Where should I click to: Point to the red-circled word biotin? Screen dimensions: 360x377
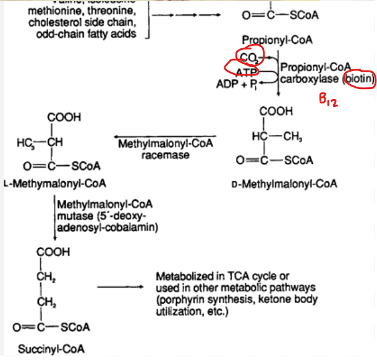[x=359, y=79]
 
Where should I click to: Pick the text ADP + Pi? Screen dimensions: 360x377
[x=238, y=84]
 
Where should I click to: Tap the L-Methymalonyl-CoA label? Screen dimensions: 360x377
[x=54, y=184]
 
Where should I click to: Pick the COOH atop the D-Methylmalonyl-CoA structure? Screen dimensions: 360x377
[x=276, y=112]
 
